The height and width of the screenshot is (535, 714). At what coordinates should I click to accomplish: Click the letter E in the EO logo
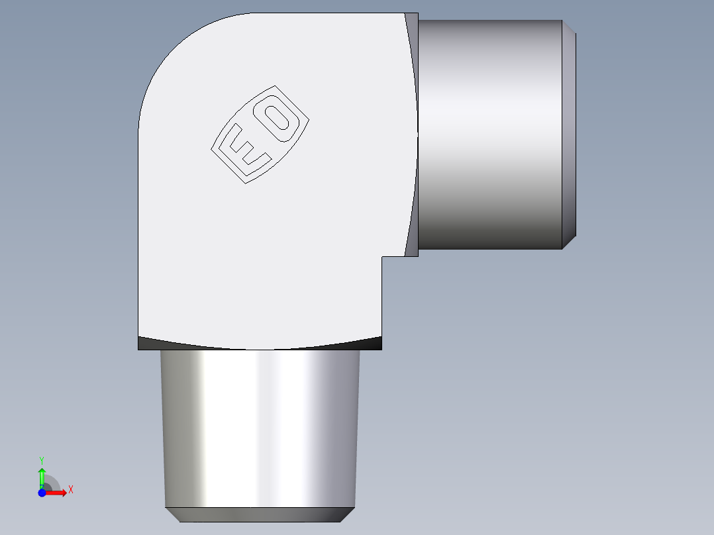245,149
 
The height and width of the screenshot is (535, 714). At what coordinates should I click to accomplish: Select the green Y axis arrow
42,475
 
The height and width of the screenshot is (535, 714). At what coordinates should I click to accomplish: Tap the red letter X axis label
71,490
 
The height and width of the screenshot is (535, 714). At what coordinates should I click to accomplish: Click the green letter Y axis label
41,460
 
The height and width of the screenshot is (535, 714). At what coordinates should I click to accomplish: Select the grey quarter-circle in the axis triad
52,483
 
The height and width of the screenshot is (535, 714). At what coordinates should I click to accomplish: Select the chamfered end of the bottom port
260,514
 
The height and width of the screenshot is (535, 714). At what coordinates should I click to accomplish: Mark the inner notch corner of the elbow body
383,257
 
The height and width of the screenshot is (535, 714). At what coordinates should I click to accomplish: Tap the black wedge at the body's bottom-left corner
147,344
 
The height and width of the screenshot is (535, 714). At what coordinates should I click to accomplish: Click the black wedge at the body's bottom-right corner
373,343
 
